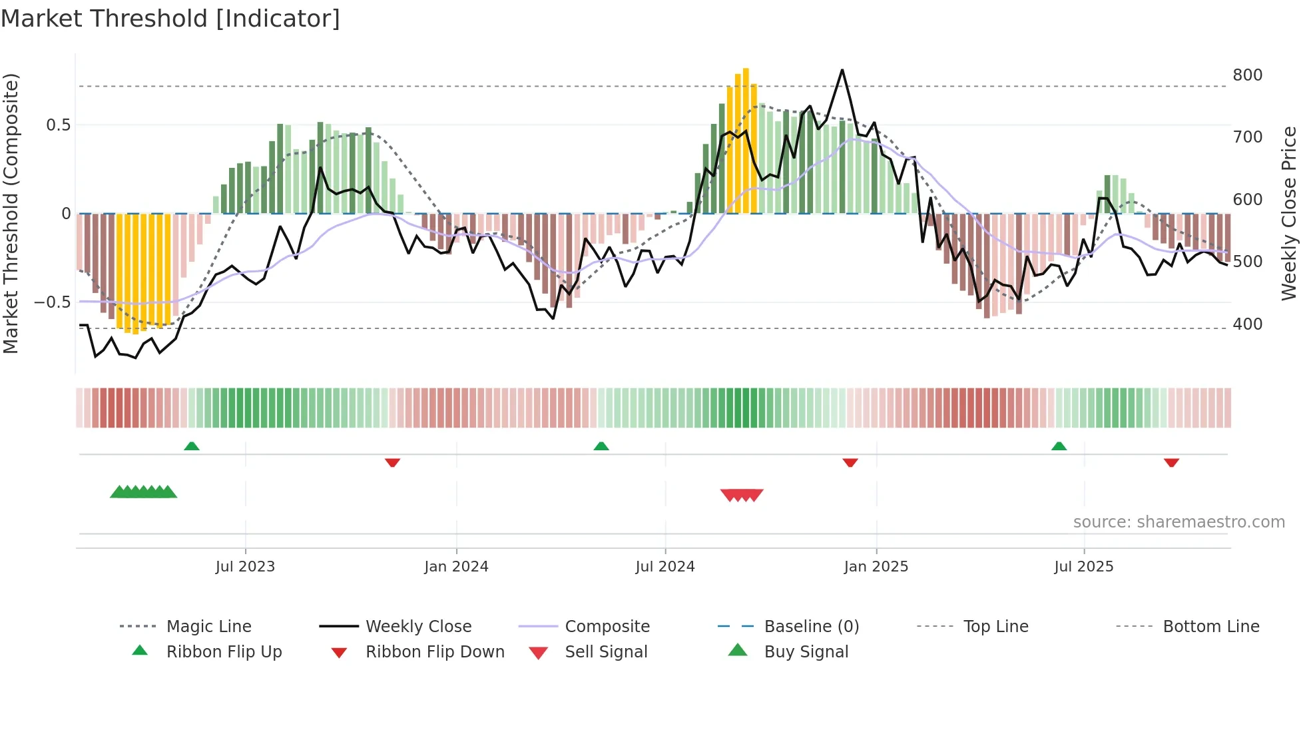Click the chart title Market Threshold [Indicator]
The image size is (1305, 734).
pyautogui.click(x=170, y=19)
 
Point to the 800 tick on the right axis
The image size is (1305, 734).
pyautogui.click(x=1247, y=75)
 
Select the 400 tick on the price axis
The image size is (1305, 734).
pyautogui.click(x=1247, y=324)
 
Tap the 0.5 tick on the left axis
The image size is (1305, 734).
pyautogui.click(x=58, y=125)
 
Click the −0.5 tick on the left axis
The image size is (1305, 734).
pyautogui.click(x=53, y=302)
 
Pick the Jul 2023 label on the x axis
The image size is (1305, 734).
pyautogui.click(x=245, y=567)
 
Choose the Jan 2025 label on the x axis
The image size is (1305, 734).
pyautogui.click(x=876, y=567)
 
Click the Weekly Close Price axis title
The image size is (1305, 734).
pyautogui.click(x=1289, y=213)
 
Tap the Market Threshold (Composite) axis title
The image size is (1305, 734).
pyautogui.click(x=11, y=213)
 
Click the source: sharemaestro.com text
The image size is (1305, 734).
pyautogui.click(x=1178, y=522)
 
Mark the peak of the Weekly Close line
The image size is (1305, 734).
pyautogui.click(x=842, y=70)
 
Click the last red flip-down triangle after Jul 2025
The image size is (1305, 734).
pyautogui.click(x=1171, y=462)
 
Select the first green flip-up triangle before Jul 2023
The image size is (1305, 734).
pyautogui.click(x=192, y=446)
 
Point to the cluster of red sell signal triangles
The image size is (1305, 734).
pyautogui.click(x=742, y=495)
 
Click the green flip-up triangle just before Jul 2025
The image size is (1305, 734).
pyautogui.click(x=1059, y=446)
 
